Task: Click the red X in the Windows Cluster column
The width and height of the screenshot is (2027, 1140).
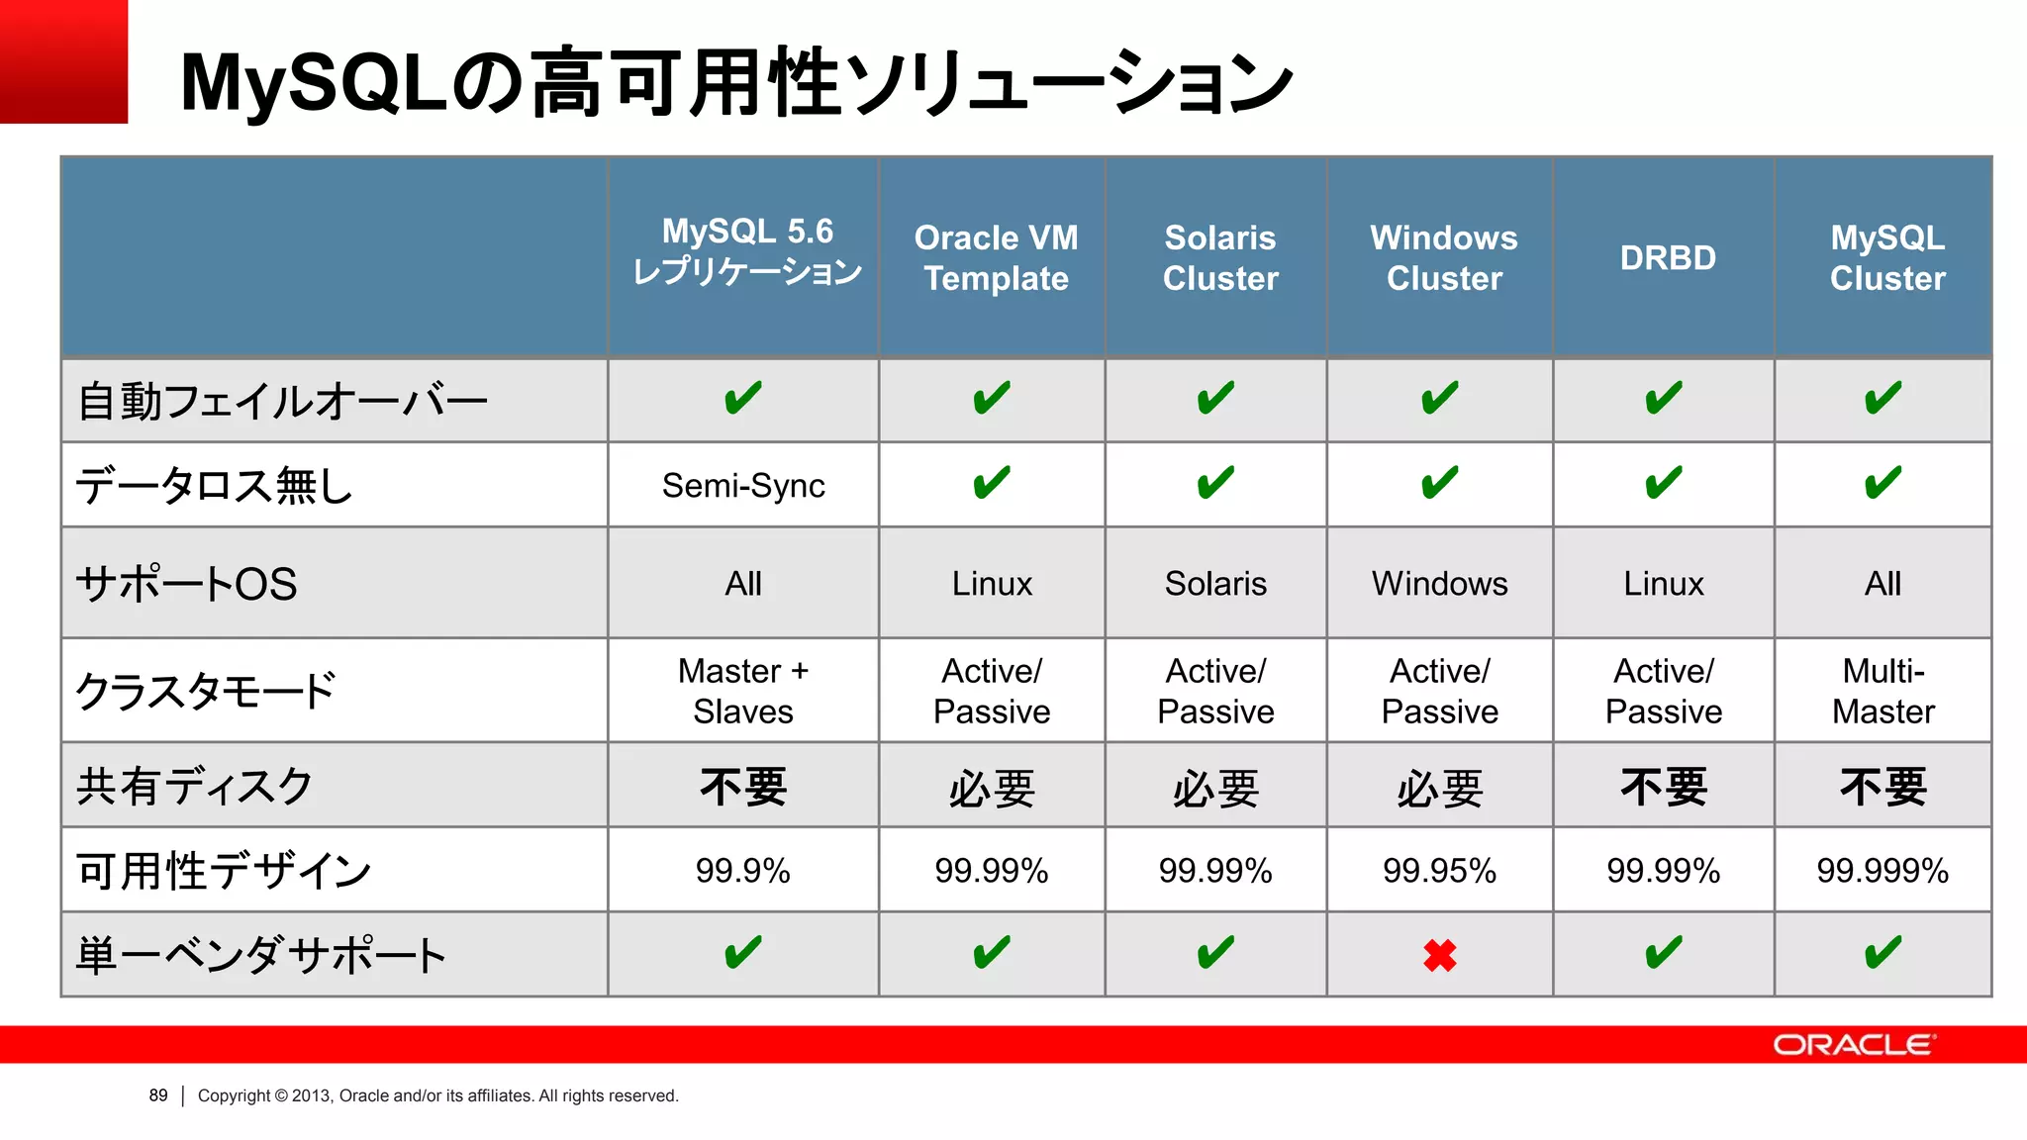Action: (1439, 955)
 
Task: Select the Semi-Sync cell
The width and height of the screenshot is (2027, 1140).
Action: (743, 486)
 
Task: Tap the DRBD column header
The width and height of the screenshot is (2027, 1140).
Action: (1668, 258)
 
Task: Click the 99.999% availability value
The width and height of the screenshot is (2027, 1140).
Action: (1882, 871)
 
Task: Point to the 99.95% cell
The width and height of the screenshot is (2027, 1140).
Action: (1439, 871)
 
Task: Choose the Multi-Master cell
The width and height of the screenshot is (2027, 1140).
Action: (1882, 691)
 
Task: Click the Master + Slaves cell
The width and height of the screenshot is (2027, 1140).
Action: (743, 691)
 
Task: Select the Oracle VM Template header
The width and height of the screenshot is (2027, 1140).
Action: (996, 258)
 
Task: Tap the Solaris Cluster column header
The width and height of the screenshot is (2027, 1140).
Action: (1220, 258)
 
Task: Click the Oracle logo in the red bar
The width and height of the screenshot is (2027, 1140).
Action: (1853, 1045)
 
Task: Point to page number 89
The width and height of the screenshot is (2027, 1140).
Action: (158, 1095)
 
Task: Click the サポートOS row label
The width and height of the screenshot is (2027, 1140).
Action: (187, 584)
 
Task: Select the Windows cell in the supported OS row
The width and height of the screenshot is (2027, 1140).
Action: (1439, 584)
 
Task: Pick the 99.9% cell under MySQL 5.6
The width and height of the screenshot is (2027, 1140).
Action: (743, 871)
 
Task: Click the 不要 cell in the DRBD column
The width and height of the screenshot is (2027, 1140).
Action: (1664, 788)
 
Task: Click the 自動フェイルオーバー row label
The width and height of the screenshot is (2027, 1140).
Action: (283, 402)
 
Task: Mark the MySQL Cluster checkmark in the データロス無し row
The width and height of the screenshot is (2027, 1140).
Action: (1882, 484)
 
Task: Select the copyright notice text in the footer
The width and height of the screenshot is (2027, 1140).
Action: (437, 1095)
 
